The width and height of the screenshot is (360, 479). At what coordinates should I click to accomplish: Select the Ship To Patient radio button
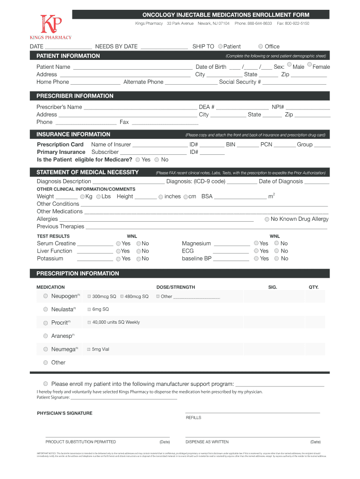click(x=220, y=46)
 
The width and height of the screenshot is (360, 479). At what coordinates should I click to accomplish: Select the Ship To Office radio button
click(x=260, y=46)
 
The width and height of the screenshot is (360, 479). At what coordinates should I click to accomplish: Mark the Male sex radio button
click(x=289, y=65)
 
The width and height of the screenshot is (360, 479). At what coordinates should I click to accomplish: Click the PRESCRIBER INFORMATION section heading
click(x=75, y=96)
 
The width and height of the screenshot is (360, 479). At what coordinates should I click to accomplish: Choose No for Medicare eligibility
click(x=157, y=160)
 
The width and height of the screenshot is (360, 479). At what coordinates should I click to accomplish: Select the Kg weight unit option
click(x=82, y=197)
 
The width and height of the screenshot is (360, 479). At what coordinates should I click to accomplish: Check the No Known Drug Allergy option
click(x=266, y=219)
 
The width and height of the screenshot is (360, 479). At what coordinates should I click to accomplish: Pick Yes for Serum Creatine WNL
click(x=118, y=244)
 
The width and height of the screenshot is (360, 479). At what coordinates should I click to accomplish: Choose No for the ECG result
click(x=277, y=251)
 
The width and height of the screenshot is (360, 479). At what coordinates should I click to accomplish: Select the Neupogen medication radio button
click(x=45, y=296)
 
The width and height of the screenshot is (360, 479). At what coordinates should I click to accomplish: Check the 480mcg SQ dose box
click(x=122, y=297)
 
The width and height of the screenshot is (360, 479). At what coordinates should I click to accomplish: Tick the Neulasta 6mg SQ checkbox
click(x=89, y=309)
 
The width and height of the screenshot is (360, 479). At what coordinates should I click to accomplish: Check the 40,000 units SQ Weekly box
click(x=89, y=322)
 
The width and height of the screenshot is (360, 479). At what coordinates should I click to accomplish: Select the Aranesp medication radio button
click(x=45, y=336)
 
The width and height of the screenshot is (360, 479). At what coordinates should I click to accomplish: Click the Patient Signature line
click(x=124, y=398)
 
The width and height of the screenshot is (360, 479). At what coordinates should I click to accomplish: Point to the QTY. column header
click(x=313, y=287)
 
